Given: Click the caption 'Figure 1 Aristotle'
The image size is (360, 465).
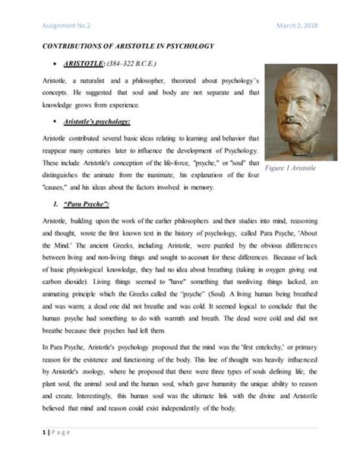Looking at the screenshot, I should pyautogui.click(x=303, y=167).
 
